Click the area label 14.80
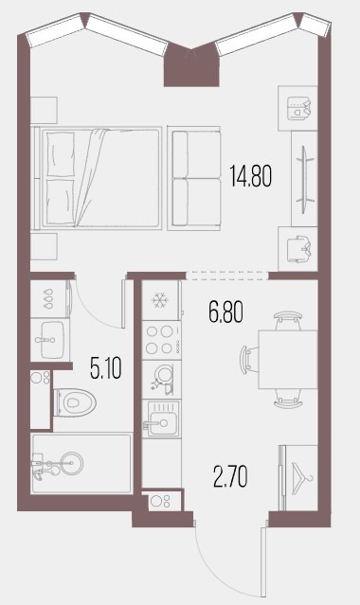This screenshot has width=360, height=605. [251, 175]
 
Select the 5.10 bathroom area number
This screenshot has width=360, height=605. [106, 367]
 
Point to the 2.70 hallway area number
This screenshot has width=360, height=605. [230, 476]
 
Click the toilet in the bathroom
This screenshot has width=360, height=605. [75, 402]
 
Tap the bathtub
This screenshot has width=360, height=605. [81, 463]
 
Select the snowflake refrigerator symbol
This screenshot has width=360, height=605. [159, 300]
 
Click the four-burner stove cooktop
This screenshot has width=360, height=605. [161, 340]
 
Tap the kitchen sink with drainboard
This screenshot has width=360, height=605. [161, 418]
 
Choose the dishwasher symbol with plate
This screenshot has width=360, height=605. [161, 380]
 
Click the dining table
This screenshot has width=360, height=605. [288, 359]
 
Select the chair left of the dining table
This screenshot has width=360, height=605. [248, 359]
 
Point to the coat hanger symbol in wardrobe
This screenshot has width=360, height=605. [303, 478]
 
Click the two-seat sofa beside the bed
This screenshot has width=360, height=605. [194, 178]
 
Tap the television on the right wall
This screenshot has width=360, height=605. [305, 179]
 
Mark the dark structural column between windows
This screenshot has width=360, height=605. [191, 64]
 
